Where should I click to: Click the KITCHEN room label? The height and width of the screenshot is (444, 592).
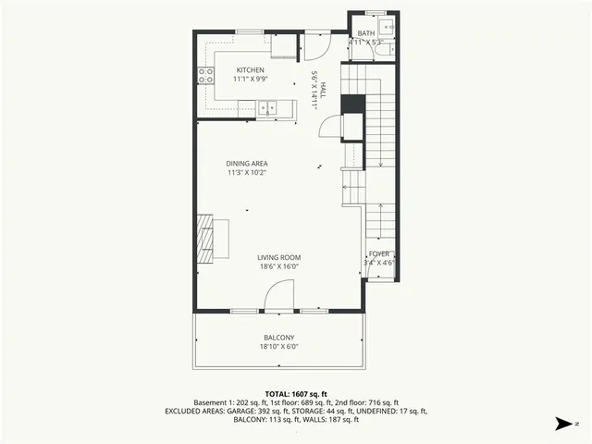click(x=250, y=70)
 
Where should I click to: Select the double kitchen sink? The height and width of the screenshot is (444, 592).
click(x=267, y=107)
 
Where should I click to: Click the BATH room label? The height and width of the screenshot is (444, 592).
click(x=367, y=33)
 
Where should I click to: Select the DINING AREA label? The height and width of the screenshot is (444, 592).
click(x=247, y=164)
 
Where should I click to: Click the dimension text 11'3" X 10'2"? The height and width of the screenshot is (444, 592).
click(x=247, y=173)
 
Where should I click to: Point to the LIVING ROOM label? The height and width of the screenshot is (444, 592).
click(x=278, y=258)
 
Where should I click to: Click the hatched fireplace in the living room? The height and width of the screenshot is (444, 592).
click(x=208, y=238)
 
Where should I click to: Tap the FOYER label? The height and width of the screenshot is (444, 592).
click(x=379, y=253)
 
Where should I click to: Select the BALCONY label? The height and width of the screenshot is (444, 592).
click(x=278, y=338)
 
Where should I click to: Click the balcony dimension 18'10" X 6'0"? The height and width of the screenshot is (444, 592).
click(x=278, y=347)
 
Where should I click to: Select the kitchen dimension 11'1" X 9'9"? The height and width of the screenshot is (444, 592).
click(x=250, y=80)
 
